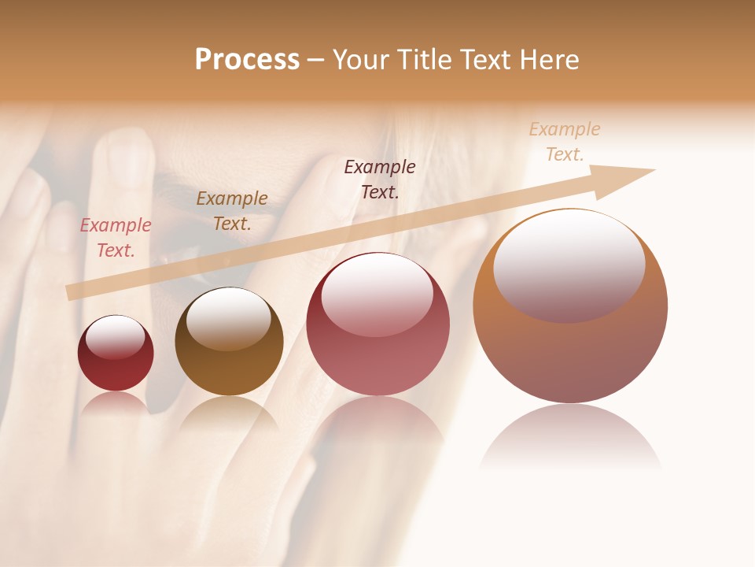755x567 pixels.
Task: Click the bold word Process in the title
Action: (x=247, y=60)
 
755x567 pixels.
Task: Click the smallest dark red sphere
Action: (x=116, y=370)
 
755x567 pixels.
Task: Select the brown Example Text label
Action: (x=232, y=211)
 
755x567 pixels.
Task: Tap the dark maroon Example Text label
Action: (x=380, y=179)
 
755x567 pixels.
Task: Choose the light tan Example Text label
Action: (x=565, y=141)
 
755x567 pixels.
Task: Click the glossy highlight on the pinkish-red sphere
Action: (x=377, y=296)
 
